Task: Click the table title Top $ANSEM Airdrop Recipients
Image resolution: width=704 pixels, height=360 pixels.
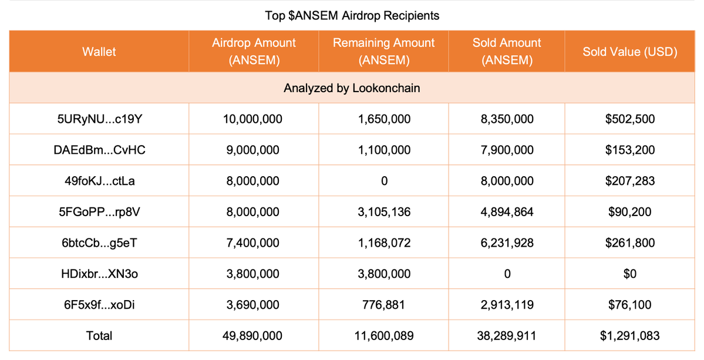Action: click(352, 16)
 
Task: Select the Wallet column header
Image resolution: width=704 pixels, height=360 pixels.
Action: click(99, 52)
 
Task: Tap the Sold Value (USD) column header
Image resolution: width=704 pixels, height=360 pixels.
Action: click(630, 52)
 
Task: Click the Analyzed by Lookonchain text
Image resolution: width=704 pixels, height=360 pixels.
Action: click(352, 88)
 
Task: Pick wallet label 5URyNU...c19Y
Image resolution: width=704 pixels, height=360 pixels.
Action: click(99, 119)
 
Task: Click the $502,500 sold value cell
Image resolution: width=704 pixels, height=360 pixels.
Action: click(630, 119)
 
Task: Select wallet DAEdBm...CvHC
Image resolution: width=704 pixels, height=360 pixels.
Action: click(99, 150)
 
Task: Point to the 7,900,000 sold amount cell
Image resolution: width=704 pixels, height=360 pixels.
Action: click(507, 150)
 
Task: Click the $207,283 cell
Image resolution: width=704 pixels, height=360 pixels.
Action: click(630, 181)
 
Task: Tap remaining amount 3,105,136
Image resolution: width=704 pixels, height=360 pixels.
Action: click(384, 212)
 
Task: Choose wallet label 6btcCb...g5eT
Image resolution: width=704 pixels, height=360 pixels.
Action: click(99, 243)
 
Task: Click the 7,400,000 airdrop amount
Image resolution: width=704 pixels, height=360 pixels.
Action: click(253, 243)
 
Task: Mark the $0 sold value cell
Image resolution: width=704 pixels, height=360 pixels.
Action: click(630, 274)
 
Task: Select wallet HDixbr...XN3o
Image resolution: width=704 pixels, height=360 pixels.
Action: click(99, 274)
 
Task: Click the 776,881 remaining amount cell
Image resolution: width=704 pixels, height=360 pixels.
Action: click(384, 305)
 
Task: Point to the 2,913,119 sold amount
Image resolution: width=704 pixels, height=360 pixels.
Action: click(507, 305)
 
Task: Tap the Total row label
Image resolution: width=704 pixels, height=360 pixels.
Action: click(99, 336)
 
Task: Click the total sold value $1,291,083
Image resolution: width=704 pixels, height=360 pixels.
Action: click(630, 336)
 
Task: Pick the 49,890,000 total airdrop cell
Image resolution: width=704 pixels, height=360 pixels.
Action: click(253, 336)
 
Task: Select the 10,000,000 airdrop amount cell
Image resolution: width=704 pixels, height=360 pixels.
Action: click(253, 119)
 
